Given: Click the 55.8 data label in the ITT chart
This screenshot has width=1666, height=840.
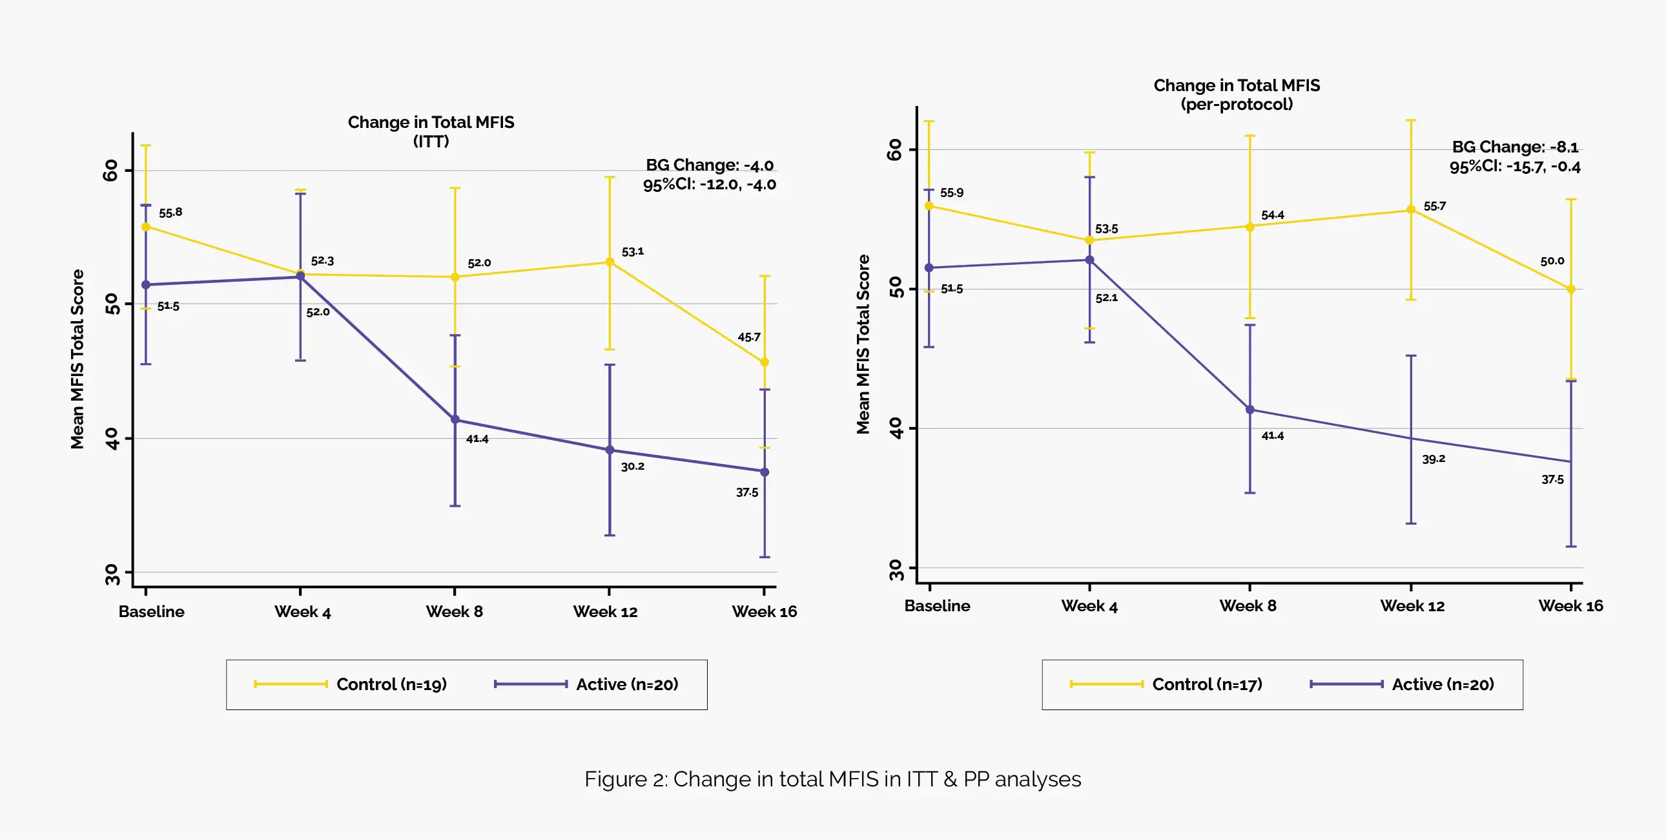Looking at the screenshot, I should click(170, 213).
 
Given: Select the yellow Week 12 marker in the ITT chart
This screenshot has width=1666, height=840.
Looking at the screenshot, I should click(609, 262).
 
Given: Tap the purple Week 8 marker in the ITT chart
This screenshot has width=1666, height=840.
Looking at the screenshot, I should click(455, 419).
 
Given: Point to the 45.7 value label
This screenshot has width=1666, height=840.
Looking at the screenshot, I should click(749, 337).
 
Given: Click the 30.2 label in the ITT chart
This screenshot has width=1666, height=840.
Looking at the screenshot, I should click(633, 466).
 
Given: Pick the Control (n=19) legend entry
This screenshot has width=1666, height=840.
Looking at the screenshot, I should click(391, 684).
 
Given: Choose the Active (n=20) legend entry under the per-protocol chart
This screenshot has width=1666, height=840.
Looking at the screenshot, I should click(1442, 684).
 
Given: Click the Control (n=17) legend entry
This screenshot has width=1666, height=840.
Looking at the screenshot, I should click(1207, 684).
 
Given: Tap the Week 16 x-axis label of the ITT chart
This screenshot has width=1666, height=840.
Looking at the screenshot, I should click(764, 611).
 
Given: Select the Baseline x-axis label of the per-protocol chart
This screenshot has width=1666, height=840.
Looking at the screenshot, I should click(937, 605).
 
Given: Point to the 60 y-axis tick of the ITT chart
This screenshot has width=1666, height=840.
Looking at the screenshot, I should click(111, 170).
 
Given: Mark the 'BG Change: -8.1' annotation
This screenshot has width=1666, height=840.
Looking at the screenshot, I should click(1515, 147).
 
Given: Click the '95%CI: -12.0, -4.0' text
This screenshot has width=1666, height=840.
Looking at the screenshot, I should click(709, 184).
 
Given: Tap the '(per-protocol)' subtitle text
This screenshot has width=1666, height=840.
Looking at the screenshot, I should click(1237, 104).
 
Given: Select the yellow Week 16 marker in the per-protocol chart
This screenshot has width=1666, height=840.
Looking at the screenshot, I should click(1570, 289).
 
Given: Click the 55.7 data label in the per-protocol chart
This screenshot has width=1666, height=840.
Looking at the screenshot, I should click(1434, 205).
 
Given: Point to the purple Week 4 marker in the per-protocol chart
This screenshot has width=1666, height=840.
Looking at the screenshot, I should click(1089, 260).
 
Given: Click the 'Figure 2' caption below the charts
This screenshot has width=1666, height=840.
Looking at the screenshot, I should click(832, 779).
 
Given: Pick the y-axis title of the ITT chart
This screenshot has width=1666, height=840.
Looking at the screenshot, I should click(77, 359).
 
